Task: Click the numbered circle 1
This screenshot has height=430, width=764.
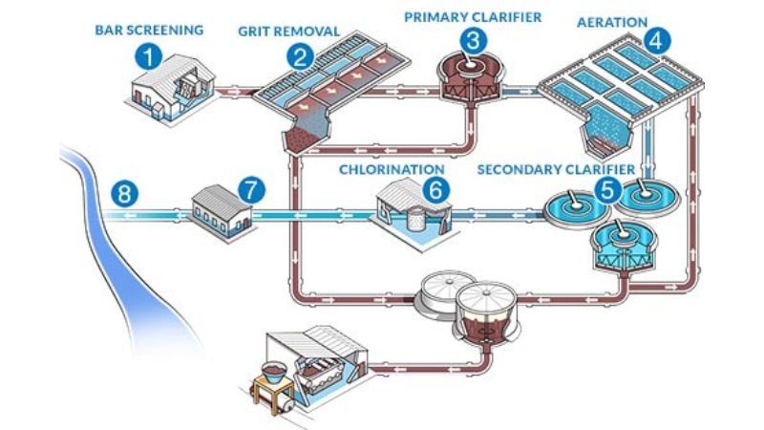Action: pyautogui.click(x=146, y=55)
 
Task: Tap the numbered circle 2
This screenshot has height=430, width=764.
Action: pyautogui.click(x=302, y=55)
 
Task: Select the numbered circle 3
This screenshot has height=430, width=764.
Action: pyautogui.click(x=472, y=40)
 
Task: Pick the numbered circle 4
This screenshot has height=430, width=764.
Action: pyautogui.click(x=657, y=40)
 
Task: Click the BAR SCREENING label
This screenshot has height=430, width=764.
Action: pyautogui.click(x=149, y=30)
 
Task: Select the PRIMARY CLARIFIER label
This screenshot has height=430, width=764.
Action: pyautogui.click(x=473, y=15)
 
